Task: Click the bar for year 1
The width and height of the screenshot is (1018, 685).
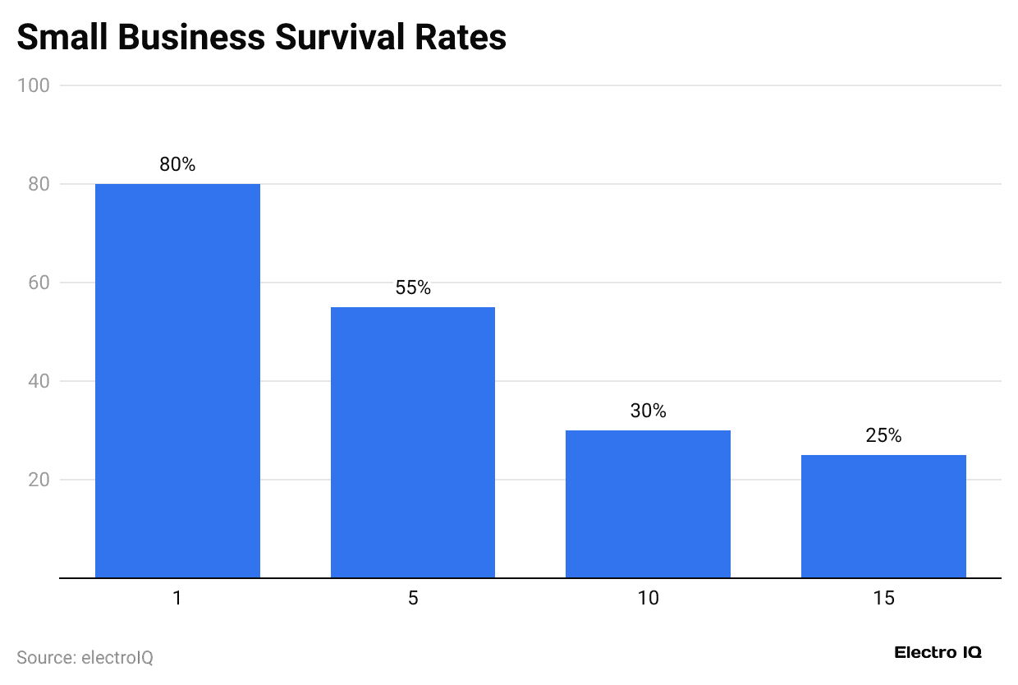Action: point(177,380)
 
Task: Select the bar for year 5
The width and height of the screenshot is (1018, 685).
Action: point(413,442)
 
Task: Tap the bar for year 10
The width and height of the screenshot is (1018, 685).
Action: point(648,503)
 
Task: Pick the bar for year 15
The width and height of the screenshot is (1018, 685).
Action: point(883,516)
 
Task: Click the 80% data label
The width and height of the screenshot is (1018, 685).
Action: point(177,164)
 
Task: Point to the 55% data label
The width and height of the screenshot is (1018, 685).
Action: point(413,287)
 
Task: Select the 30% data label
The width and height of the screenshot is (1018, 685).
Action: point(648,411)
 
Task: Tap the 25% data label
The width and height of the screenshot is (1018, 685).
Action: point(883,435)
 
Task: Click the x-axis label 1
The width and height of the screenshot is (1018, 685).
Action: point(177,598)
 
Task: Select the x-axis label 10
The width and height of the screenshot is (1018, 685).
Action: point(648,598)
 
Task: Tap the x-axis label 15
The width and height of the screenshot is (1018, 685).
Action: point(883,598)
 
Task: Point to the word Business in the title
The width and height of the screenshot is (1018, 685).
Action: point(196,38)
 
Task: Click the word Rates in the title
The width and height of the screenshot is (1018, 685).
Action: point(461,38)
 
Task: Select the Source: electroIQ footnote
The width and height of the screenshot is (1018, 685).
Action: point(85,657)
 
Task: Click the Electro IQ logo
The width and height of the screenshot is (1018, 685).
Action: point(938,653)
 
